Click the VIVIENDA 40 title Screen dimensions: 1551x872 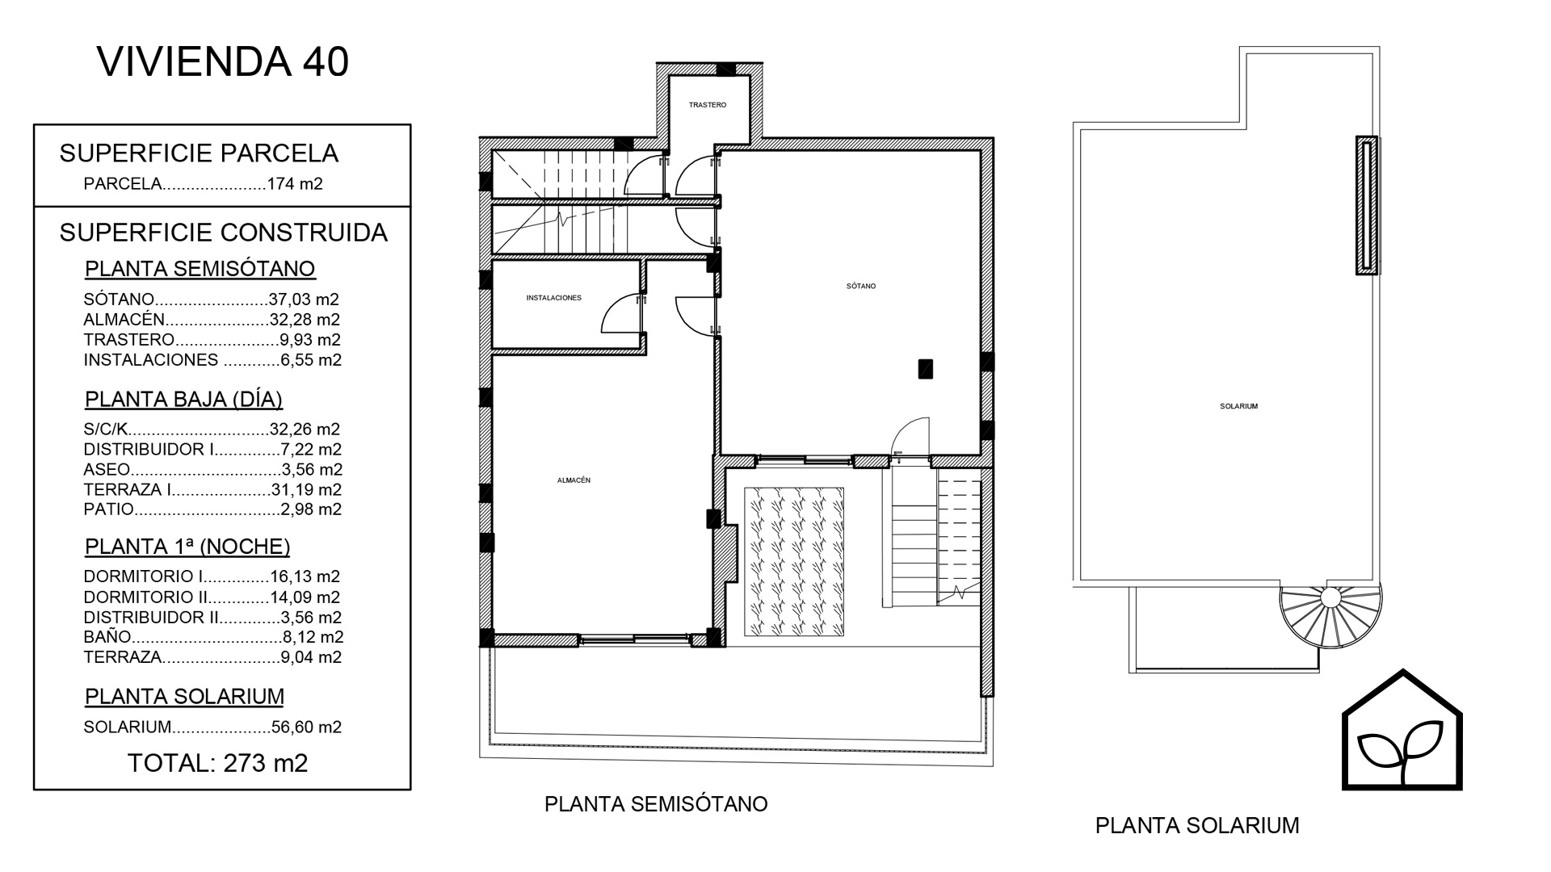tap(223, 62)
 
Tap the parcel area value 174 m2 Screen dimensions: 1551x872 tap(295, 184)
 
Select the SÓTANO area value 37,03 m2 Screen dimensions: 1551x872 tap(304, 300)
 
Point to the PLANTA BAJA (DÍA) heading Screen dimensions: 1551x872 tap(184, 400)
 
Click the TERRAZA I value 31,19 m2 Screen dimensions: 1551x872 tap(305, 489)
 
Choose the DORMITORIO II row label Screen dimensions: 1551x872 tap(145, 597)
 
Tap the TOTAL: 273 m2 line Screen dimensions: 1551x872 tap(218, 763)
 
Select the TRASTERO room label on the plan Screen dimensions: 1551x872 tap(708, 105)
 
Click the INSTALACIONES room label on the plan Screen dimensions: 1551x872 tap(554, 298)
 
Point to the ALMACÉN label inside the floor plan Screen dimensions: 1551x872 tap(574, 480)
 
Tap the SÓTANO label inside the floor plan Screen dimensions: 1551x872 tap(861, 286)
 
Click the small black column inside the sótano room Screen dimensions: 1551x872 tap(926, 369)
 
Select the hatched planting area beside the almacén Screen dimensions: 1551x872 tap(794, 562)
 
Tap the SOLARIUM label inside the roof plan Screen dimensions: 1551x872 tap(1239, 407)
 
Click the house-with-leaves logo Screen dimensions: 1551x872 tap(1402, 730)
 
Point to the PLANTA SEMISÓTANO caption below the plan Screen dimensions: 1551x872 tap(656, 804)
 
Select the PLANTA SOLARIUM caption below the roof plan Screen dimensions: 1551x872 tap(1197, 826)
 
